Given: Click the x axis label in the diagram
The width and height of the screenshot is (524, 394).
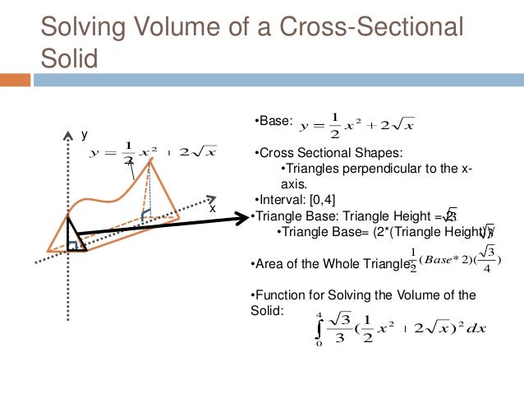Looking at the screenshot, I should click(213, 208).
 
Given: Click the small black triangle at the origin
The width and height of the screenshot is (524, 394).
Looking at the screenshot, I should click(76, 238).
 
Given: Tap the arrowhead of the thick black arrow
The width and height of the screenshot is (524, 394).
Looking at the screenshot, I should click(243, 217).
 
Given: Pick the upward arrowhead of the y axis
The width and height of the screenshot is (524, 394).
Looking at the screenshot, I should click(67, 132).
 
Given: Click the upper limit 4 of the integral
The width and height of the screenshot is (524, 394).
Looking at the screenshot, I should click(318, 313).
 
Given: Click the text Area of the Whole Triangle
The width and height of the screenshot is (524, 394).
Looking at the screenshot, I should click(328, 264).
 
